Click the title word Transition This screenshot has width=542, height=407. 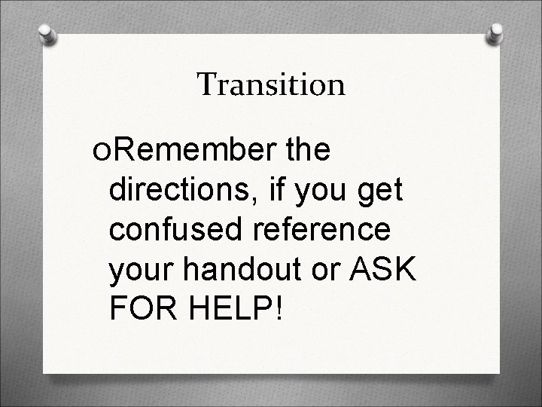point(271,84)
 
